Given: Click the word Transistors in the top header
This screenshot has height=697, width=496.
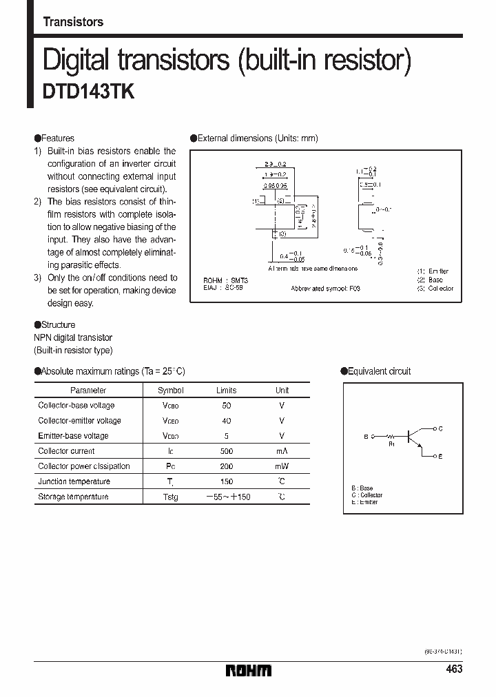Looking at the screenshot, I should pyautogui.click(x=73, y=22).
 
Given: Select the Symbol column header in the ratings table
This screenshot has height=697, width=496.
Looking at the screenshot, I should pyautogui.click(x=170, y=390).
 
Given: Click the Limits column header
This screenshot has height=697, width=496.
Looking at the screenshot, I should pyautogui.click(x=226, y=390).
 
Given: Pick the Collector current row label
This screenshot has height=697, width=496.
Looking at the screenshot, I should pyautogui.click(x=66, y=451).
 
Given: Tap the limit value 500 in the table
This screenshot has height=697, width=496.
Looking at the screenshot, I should pyautogui.click(x=227, y=451).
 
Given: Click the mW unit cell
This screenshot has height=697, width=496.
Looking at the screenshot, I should pyautogui.click(x=282, y=466).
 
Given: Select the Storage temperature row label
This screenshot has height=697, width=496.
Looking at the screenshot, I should pyautogui.click(x=73, y=497).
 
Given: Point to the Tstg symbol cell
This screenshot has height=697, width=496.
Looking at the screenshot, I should pyautogui.click(x=170, y=497).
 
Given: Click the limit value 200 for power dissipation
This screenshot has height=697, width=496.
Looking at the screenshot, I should pyautogui.click(x=227, y=466).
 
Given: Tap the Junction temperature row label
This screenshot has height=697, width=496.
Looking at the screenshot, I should pyautogui.click(x=74, y=481).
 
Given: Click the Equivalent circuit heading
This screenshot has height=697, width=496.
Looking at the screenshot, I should pyautogui.click(x=379, y=371).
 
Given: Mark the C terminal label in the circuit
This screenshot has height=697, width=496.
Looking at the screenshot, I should pyautogui.click(x=440, y=428).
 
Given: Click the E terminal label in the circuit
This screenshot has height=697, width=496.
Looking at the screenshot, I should pyautogui.click(x=440, y=457).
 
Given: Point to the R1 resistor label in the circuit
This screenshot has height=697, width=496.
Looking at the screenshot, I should pyautogui.click(x=391, y=444).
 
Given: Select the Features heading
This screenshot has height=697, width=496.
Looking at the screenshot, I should pyautogui.click(x=57, y=138).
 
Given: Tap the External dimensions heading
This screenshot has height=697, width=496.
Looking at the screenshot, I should pyautogui.click(x=257, y=138).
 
